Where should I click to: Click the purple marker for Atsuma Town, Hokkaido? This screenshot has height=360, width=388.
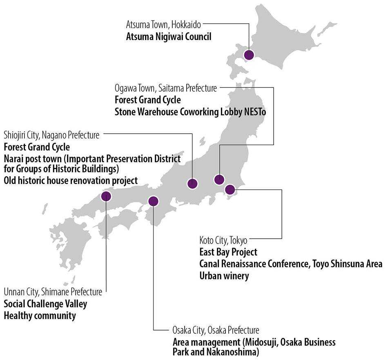pyautogui.click(x=249, y=55)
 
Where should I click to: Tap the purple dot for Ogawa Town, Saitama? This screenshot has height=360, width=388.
pyautogui.click(x=219, y=179)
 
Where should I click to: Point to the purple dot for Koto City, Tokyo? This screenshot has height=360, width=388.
pyautogui.click(x=230, y=189)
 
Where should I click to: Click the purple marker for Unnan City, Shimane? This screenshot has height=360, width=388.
pyautogui.click(x=106, y=196)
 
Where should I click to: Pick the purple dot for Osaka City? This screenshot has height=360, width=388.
pyautogui.click(x=153, y=201)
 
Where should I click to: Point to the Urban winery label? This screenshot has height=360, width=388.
pyautogui.click(x=224, y=276)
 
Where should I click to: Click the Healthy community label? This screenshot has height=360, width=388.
pyautogui.click(x=40, y=315)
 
